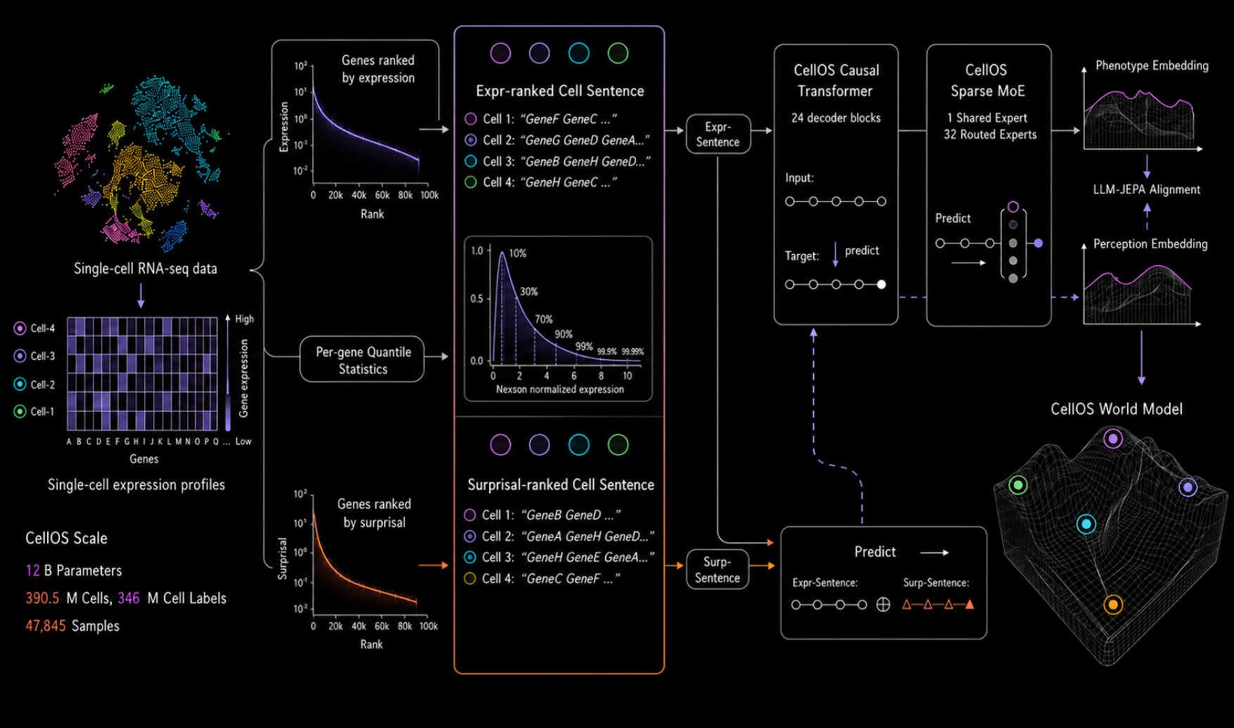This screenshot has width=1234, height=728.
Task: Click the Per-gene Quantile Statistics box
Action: click(362, 360)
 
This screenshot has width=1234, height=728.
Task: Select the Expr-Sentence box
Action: click(718, 134)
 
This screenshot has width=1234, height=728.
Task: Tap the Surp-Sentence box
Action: click(717, 570)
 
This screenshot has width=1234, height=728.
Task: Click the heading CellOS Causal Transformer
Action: click(836, 80)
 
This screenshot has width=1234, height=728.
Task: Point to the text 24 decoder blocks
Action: click(836, 118)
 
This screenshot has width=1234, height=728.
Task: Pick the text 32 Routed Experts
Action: click(990, 134)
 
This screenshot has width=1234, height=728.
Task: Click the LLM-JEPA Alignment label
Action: click(1147, 189)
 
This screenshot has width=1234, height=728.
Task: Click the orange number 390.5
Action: click(42, 598)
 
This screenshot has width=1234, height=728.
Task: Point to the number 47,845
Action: click(46, 626)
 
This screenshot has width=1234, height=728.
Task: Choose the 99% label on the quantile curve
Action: click(584, 346)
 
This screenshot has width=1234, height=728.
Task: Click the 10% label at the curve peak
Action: click(518, 253)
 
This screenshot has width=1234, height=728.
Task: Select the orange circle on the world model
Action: click(1113, 604)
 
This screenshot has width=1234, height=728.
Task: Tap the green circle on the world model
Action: click(1018, 484)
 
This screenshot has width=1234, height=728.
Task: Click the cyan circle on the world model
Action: click(1086, 524)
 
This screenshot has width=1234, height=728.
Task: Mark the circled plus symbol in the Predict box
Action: click(884, 605)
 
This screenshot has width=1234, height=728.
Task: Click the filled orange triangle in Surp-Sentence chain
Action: click(970, 604)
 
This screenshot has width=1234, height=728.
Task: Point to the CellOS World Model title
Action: click(1117, 409)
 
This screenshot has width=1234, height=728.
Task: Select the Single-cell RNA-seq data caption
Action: click(146, 268)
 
